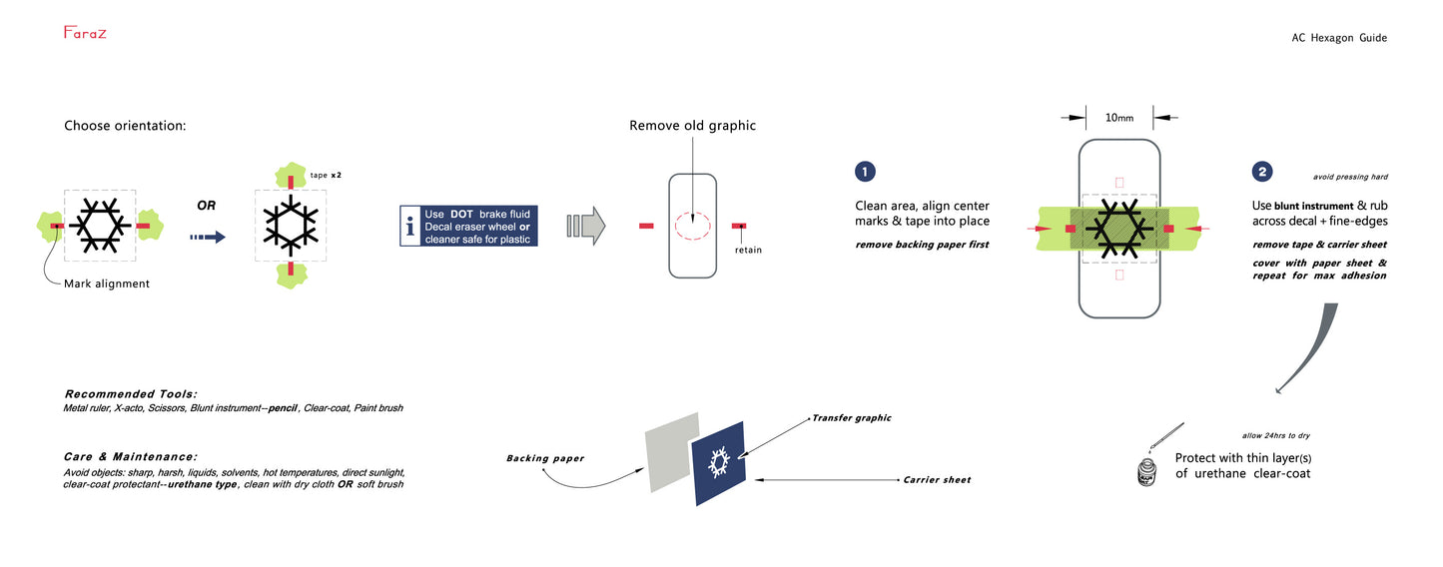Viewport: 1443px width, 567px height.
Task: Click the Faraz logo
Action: (85, 33)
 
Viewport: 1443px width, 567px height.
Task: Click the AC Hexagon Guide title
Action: (1338, 38)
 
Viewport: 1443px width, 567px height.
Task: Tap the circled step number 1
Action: (865, 172)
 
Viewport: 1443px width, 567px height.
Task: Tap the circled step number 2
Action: (1263, 172)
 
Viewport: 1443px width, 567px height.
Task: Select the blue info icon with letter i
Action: (409, 228)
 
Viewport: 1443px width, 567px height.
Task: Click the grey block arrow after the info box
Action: (586, 226)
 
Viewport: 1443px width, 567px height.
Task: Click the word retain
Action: (748, 250)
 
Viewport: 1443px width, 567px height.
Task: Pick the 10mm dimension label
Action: (1117, 118)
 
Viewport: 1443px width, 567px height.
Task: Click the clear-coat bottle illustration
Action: (1150, 471)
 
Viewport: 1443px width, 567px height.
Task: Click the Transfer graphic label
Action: (851, 418)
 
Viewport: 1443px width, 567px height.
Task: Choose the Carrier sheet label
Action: (937, 480)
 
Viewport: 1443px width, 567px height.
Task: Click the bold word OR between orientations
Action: (206, 205)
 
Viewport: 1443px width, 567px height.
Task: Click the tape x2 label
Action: (327, 175)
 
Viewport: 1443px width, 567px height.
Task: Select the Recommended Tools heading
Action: (131, 394)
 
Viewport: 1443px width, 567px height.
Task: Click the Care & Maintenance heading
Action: (131, 455)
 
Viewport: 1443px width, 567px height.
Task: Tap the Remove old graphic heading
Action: (692, 126)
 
